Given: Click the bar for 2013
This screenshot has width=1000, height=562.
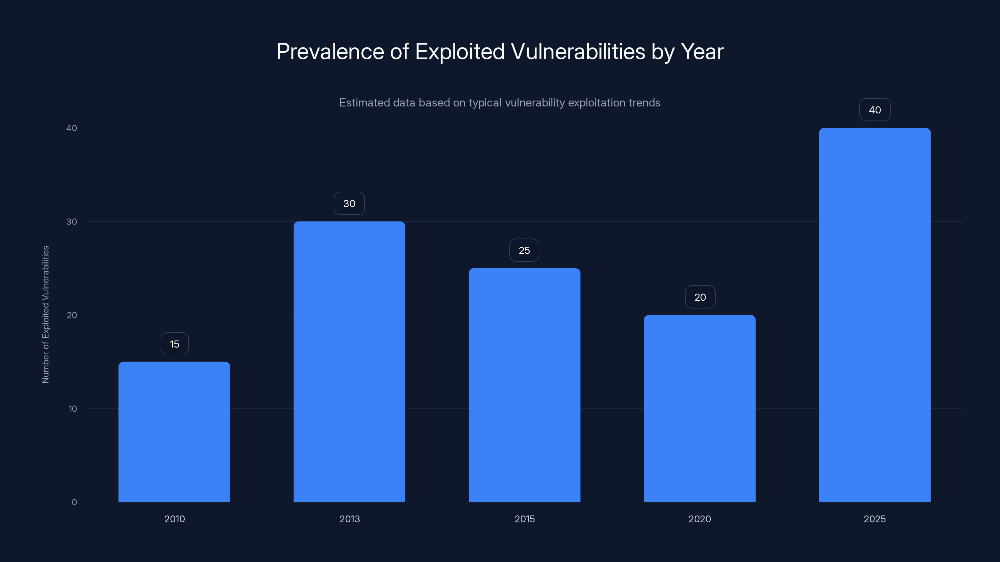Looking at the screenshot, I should click(x=349, y=362).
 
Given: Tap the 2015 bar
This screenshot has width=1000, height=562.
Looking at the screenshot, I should click(x=524, y=385).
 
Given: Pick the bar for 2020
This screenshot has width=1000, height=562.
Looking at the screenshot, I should click(x=700, y=408).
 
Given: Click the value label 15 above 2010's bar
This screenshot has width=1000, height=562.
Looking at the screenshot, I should click(x=174, y=344).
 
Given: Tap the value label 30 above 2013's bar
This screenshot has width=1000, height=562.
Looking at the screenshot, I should click(x=349, y=203).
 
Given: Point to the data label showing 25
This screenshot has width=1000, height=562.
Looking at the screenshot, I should click(x=524, y=250).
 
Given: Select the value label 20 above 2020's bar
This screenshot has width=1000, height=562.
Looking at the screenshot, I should click(x=700, y=297).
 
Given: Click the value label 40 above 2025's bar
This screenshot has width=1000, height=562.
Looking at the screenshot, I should click(x=875, y=110).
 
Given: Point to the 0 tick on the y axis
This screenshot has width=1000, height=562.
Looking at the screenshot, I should click(x=74, y=502).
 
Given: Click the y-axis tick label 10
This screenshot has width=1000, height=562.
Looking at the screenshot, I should click(x=72, y=408).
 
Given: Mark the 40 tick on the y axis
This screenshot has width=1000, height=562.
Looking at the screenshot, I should click(x=72, y=128).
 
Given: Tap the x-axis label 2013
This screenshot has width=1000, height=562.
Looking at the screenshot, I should click(x=349, y=519).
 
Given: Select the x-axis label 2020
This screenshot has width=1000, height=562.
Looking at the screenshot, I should click(x=700, y=519).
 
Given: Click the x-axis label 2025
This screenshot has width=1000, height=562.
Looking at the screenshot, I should click(x=875, y=519).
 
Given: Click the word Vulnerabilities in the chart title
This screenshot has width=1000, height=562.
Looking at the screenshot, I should click(x=577, y=52).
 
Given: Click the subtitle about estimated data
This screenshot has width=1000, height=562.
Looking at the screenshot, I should click(x=500, y=103).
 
